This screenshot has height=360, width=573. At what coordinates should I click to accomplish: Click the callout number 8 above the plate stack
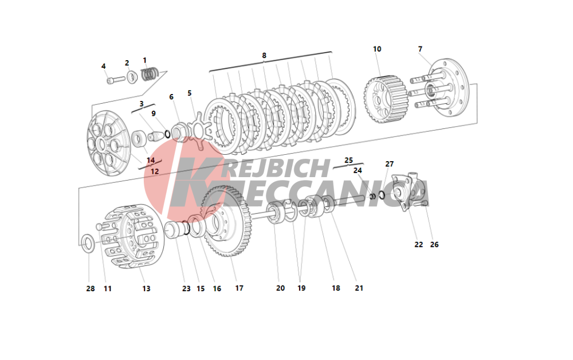[264, 55]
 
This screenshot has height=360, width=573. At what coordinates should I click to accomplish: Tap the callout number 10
[377, 49]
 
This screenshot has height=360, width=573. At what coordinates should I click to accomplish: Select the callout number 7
[420, 49]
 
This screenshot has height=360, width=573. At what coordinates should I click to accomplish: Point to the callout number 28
[91, 289]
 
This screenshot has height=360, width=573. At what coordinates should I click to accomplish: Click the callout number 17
[239, 288]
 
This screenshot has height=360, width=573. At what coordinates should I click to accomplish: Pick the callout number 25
[348, 160]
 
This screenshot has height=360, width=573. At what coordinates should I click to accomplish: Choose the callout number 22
[419, 245]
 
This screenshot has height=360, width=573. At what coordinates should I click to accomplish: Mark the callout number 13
[146, 289]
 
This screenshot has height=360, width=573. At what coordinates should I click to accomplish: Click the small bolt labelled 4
[116, 79]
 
